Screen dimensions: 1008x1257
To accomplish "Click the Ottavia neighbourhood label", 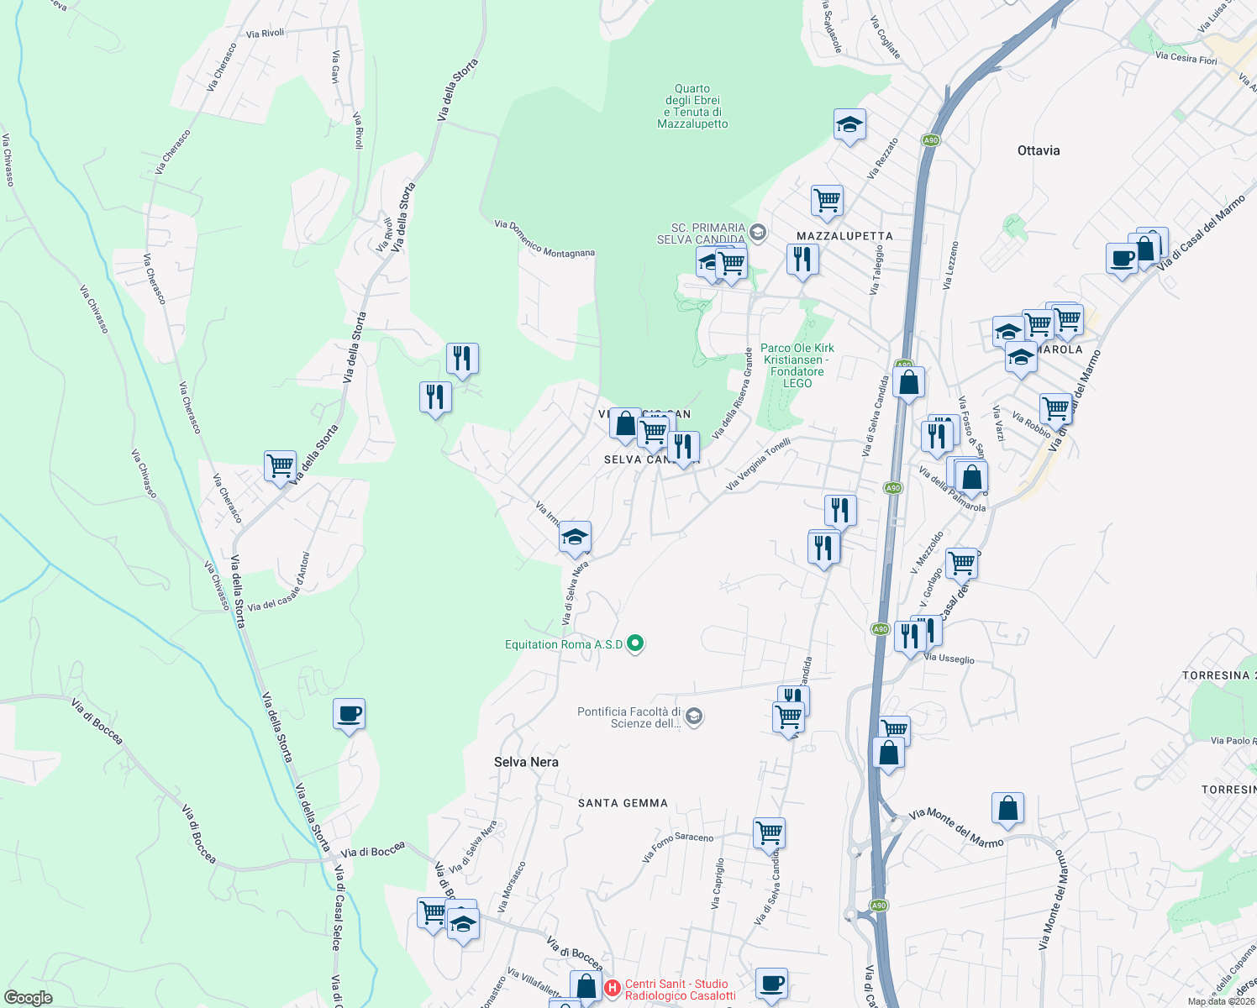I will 1039,151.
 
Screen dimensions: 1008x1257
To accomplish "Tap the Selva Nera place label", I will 526,762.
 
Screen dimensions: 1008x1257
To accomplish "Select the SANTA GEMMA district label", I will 623,804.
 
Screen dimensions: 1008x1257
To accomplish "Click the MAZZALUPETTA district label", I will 844,236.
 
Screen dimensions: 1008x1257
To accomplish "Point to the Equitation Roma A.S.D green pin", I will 636,644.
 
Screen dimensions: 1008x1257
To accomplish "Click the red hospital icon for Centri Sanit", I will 613,988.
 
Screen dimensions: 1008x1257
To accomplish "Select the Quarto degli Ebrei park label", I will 692,106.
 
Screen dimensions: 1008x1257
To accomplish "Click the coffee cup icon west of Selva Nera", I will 349,715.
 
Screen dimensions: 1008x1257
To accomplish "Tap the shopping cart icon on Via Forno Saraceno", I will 770,832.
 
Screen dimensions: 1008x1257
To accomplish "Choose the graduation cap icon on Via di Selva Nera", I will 575,538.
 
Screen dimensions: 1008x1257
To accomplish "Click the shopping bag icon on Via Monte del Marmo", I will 1007,809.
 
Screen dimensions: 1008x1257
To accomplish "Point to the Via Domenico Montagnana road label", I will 544,239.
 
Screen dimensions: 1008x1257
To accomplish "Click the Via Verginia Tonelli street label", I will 758,464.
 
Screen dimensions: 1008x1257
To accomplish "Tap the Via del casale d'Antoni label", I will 279,582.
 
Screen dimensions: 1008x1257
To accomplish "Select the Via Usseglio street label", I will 949,659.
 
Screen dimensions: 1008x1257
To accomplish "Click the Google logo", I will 28,997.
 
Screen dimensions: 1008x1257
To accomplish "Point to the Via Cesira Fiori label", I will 1186,58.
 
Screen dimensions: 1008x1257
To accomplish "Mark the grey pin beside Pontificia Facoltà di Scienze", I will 694,717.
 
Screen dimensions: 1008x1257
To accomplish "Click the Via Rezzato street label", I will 883,158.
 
